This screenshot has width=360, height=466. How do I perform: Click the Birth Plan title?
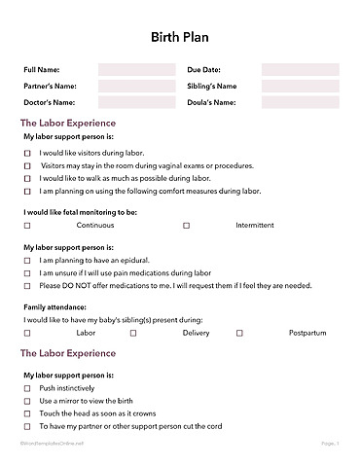[x=180, y=37]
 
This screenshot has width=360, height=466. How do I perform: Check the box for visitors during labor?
[x=27, y=153]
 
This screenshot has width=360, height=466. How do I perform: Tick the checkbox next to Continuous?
[x=27, y=225]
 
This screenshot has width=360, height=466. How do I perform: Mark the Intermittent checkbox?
[x=186, y=225]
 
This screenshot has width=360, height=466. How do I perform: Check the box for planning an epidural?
[x=27, y=262]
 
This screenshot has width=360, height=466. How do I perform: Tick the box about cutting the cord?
[x=27, y=426]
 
